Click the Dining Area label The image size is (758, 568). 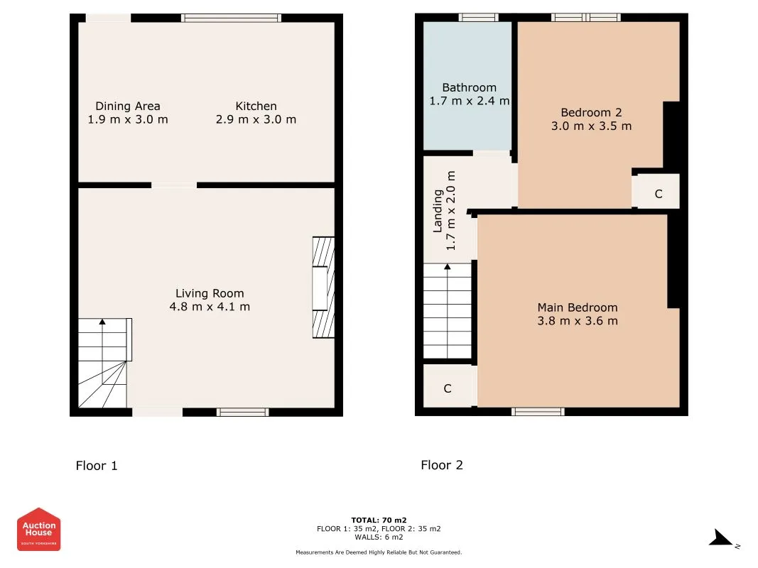pyautogui.click(x=128, y=106)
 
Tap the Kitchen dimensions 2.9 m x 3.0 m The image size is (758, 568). pyautogui.click(x=256, y=119)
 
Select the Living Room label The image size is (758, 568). pyautogui.click(x=210, y=294)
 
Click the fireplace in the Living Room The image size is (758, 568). pyautogui.click(x=323, y=288)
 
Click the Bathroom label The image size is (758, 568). pyautogui.click(x=469, y=87)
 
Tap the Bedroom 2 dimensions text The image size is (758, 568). pyautogui.click(x=591, y=126)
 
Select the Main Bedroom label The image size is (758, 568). pyautogui.click(x=577, y=307)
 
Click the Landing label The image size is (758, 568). pyautogui.click(x=438, y=211)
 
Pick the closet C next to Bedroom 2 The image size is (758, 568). pyautogui.click(x=658, y=194)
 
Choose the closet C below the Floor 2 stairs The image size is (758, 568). pyautogui.click(x=448, y=388)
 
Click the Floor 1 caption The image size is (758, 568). pyautogui.click(x=97, y=466)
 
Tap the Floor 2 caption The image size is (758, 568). pyautogui.click(x=442, y=465)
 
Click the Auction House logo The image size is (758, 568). pyautogui.click(x=38, y=529)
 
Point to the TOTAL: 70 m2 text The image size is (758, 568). pyautogui.click(x=379, y=520)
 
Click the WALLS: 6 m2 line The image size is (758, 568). pyautogui.click(x=379, y=537)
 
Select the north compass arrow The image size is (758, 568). pyautogui.click(x=721, y=538)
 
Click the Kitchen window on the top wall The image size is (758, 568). pyautogui.click(x=231, y=18)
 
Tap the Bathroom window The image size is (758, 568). pyautogui.click(x=478, y=18)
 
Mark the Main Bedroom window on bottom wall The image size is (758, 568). pyautogui.click(x=538, y=412)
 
